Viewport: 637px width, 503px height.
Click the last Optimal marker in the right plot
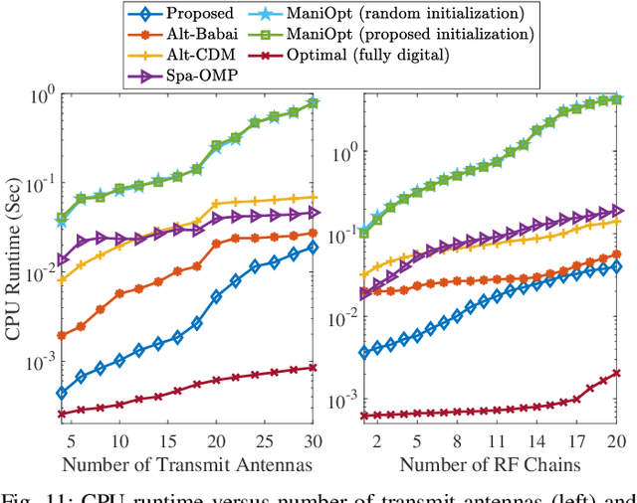click(616, 374)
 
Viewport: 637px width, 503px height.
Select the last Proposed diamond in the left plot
click(314, 248)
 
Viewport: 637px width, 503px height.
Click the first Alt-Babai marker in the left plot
click(61, 335)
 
